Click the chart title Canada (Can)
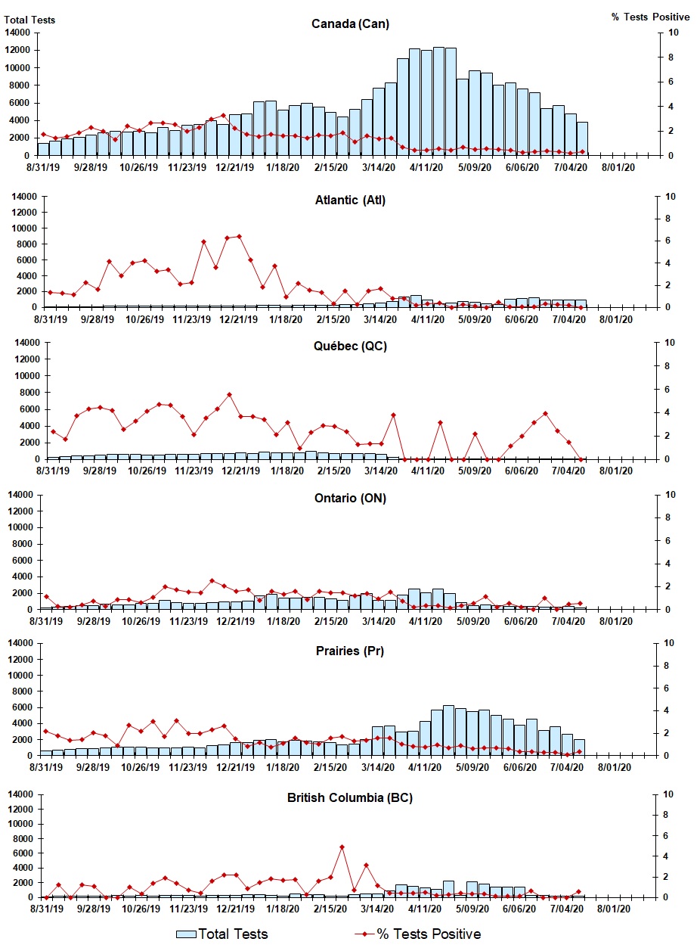[350, 23]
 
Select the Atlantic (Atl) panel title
[350, 200]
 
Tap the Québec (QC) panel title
[350, 347]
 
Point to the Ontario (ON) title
[350, 499]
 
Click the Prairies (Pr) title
[350, 651]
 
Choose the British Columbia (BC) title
[350, 797]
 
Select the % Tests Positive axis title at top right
[650, 17]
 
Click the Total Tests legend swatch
[186, 934]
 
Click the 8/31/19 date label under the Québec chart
[49, 471]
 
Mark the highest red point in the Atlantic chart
[239, 236]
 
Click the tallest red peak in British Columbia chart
[342, 847]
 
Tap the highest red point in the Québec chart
[229, 394]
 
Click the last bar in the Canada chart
[582, 138]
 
